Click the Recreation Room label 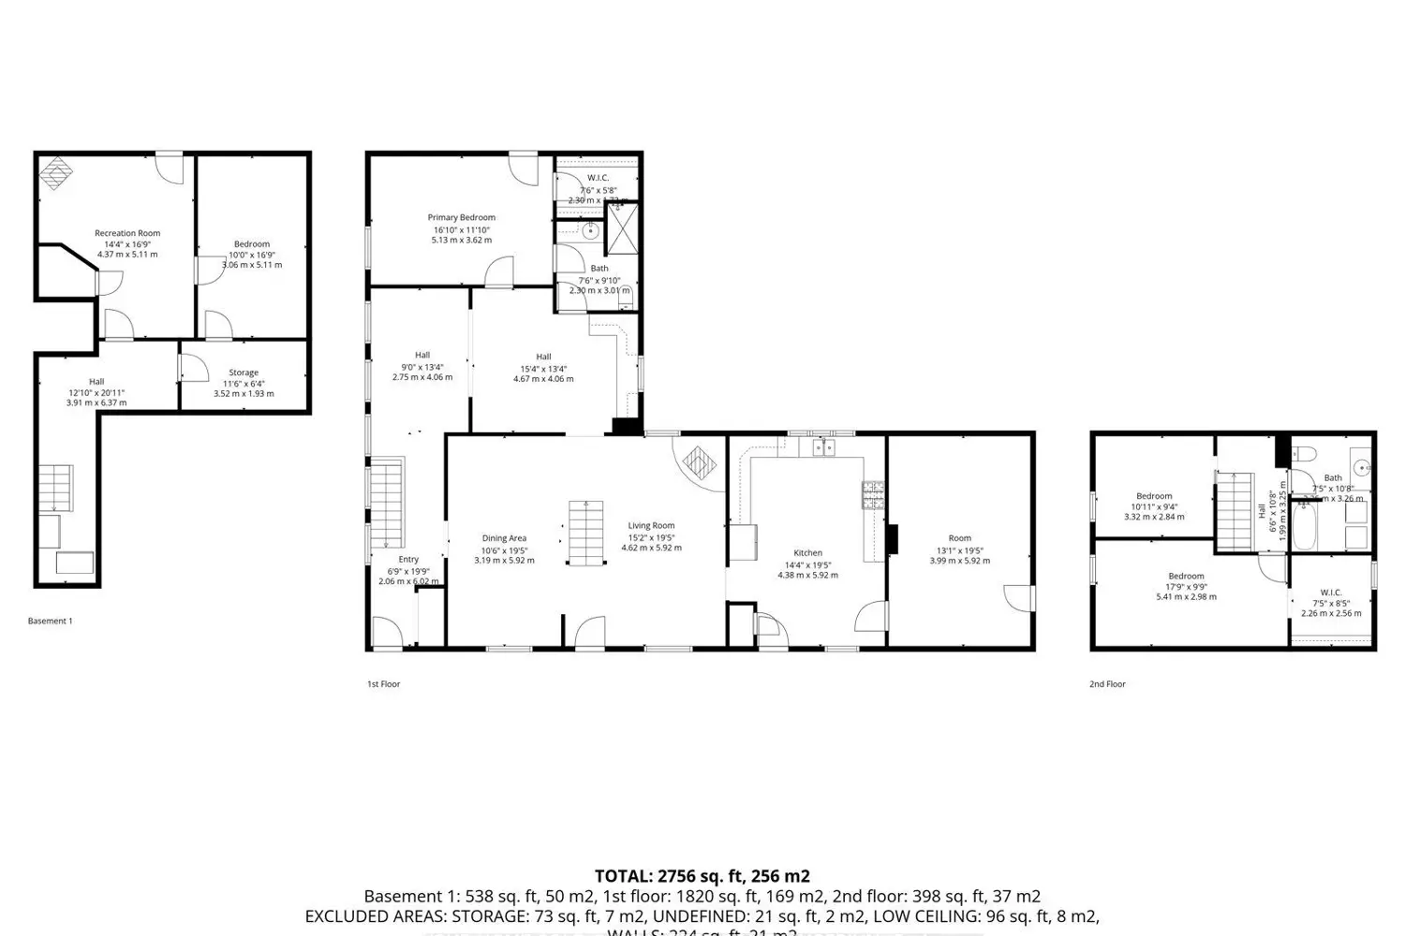(127, 233)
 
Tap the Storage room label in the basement (244, 373)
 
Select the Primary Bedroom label (461, 217)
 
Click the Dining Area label (504, 538)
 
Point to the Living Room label (651, 526)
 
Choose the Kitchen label (807, 553)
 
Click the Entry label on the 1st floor (408, 560)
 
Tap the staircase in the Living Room (585, 532)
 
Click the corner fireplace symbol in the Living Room (699, 462)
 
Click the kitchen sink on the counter (823, 448)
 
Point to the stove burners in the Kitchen (873, 493)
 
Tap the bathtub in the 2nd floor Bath (1304, 528)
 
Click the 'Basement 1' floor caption (50, 621)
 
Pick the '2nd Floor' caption (1107, 684)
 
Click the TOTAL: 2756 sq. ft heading (702, 876)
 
